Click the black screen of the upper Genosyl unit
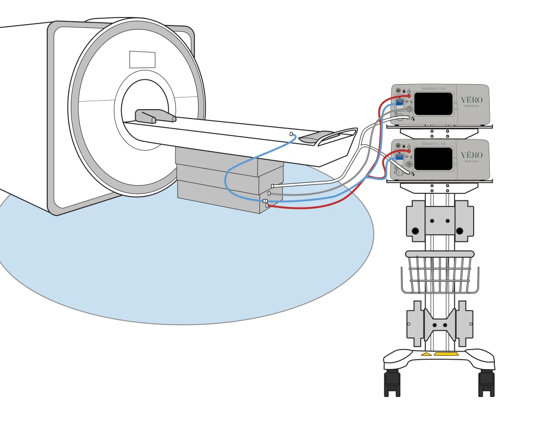(x=433, y=104)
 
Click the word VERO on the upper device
(x=472, y=100)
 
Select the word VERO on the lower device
(x=472, y=155)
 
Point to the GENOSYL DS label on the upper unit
(x=433, y=88)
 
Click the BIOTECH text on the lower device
(x=472, y=162)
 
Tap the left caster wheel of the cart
(x=392, y=383)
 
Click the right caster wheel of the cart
(x=486, y=383)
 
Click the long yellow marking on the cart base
(x=446, y=353)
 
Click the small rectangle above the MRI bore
(x=142, y=60)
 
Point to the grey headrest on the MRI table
(x=155, y=116)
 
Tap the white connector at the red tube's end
(x=267, y=206)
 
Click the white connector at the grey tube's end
(x=269, y=193)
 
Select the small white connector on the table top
(x=291, y=134)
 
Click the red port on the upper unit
(x=409, y=96)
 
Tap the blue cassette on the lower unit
(x=399, y=158)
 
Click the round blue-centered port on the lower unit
(x=408, y=164)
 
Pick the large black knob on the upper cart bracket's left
(x=415, y=231)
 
